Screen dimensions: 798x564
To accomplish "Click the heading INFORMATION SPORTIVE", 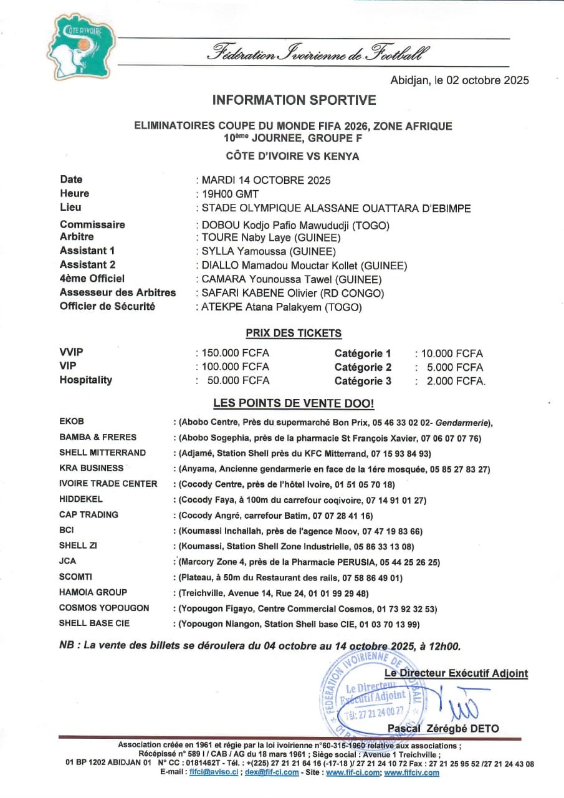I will pos(294,100).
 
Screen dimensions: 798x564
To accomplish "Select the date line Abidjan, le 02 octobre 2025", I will pos(459,80).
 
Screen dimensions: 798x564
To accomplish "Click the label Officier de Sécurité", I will pos(107,307).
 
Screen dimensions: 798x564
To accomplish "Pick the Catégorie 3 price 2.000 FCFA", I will pos(455,381).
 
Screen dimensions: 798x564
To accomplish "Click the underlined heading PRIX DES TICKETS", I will pos(294,334).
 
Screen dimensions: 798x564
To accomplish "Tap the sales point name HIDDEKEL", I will pos(81,499).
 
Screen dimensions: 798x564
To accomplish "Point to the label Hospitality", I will pos(86,380).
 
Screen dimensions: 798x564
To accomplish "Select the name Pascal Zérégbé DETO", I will pos(443,728).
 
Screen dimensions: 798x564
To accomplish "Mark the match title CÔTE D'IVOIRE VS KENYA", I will pos(292,156).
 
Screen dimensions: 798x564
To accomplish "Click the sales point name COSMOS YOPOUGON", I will pos(104,608).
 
